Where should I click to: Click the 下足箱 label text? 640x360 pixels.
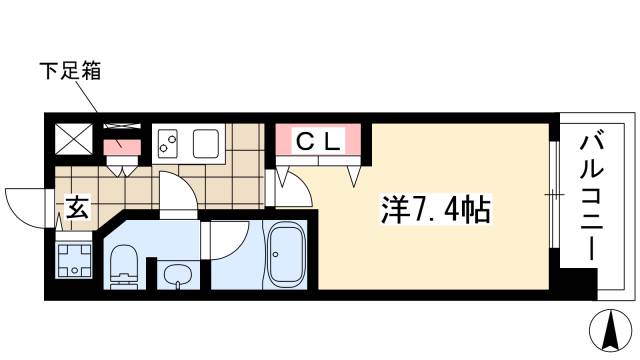[70, 70]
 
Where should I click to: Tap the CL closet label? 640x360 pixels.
[318, 141]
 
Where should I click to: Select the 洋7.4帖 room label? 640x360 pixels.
[436, 209]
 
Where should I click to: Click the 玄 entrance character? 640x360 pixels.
[77, 207]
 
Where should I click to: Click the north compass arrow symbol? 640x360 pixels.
[611, 331]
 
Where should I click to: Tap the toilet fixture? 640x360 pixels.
[124, 266]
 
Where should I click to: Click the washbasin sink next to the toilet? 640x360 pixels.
[178, 275]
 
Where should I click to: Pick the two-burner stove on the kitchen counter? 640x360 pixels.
[167, 144]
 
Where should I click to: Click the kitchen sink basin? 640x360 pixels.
[206, 143]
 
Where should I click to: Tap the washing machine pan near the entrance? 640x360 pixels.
[74, 260]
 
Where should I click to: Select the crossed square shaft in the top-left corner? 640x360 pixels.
[74, 139]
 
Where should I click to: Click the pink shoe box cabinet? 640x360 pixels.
[122, 147]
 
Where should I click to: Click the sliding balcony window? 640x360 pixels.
[554, 194]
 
